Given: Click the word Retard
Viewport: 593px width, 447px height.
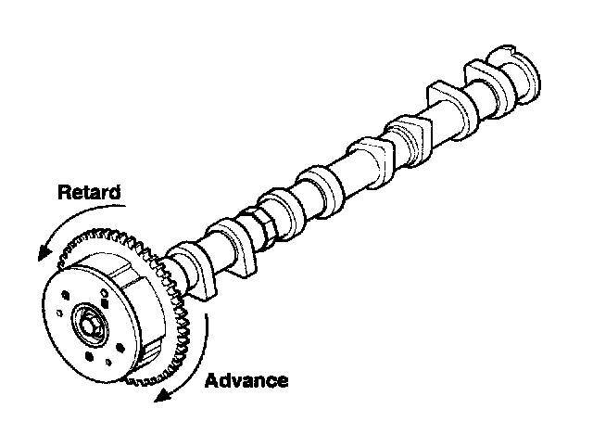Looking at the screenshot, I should tap(89, 193).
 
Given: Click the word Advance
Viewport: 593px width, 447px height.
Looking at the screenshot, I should tap(246, 380).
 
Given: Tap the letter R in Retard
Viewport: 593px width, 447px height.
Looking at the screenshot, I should tap(65, 193).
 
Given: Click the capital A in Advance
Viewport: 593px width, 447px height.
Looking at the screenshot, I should tap(211, 380).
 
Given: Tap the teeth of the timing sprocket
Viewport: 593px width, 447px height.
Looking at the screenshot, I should tap(176, 306).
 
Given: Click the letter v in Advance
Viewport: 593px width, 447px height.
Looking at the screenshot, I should tap(239, 381).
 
